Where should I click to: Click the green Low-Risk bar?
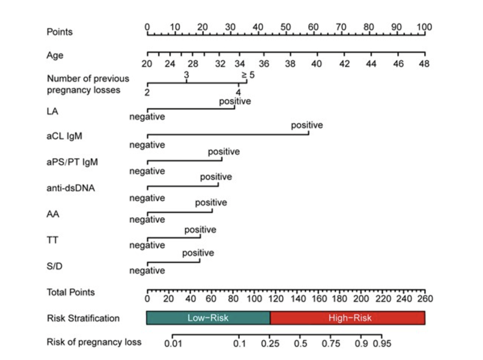coord(208,318)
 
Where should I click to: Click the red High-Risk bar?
coord(348,318)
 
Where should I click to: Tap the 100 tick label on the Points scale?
coord(424,27)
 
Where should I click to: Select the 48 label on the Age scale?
coord(424,64)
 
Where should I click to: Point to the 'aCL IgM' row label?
coord(64,136)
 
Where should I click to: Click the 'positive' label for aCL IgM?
coord(307,125)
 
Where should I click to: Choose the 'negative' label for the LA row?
coord(147,117)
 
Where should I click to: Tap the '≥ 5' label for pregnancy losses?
coord(248,75)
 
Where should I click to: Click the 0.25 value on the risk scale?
coord(270,344)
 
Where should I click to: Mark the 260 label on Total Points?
coord(425,299)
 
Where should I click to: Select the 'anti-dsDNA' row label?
coord(71,188)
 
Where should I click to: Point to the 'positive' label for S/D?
coord(198,253)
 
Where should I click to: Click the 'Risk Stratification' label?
coord(83,318)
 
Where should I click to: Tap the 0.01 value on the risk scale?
coord(173,344)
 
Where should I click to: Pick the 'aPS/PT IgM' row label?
coord(72,162)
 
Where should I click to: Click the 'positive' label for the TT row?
coord(200,230)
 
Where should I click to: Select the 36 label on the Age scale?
coord(264,64)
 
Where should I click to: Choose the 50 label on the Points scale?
coord(286,27)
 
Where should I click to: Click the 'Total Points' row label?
coord(71,292)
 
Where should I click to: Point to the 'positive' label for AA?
coord(211,202)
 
